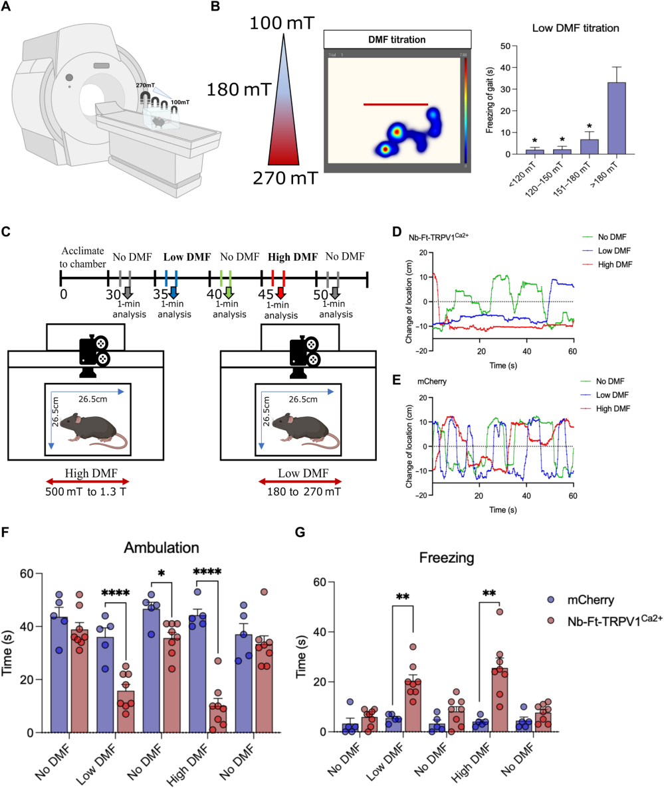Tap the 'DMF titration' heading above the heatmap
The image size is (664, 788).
pos(397,40)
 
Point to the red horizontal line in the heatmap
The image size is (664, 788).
pos(395,104)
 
